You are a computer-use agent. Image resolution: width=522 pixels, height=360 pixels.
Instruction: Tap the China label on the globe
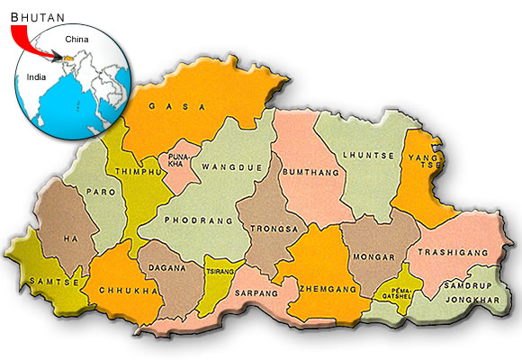(77, 39)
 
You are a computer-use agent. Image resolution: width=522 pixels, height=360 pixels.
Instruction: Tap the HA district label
(68, 238)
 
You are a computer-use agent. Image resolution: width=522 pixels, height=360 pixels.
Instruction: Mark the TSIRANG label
(220, 272)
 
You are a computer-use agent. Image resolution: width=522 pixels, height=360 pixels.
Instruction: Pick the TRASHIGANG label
(452, 252)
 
